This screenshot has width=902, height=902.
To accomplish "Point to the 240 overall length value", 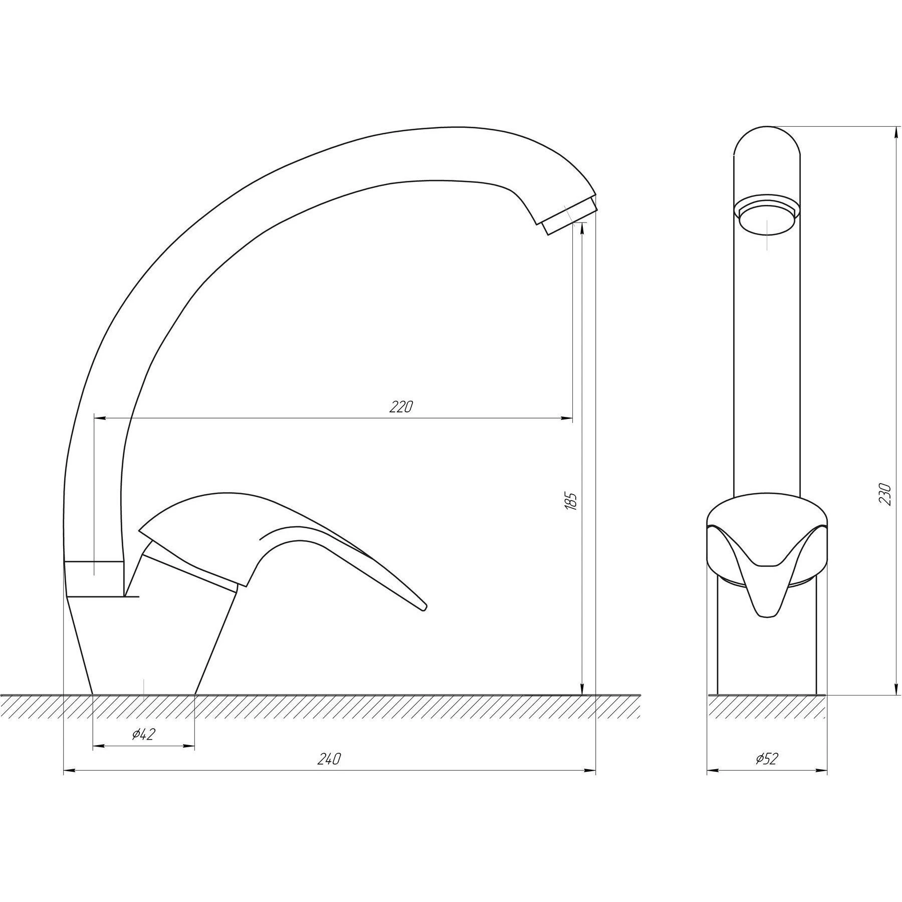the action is [x=329, y=773].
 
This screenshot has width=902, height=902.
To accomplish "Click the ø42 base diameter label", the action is [x=143, y=735].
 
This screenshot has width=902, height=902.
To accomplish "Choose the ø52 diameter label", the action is [x=766, y=773].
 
